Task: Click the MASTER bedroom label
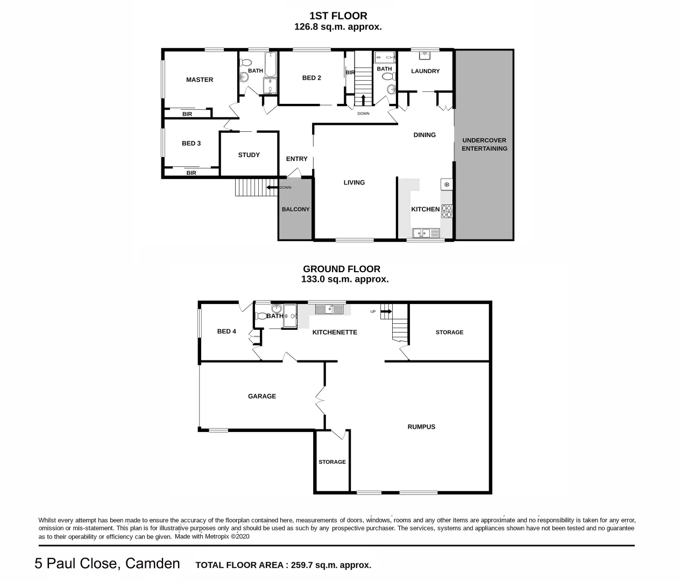200,80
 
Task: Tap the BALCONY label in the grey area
295,209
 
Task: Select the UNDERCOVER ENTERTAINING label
484,144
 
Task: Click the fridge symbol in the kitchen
447,185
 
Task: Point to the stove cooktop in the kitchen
447,211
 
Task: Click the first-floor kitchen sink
426,233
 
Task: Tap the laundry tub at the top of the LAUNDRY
425,55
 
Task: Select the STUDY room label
249,155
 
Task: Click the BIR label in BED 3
191,173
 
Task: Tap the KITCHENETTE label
335,332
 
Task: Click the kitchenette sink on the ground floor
329,309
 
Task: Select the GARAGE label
262,396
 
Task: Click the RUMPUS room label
421,427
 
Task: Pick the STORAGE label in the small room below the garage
332,462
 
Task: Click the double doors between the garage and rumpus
321,400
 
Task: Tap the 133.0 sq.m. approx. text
344,279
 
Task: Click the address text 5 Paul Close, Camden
107,563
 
